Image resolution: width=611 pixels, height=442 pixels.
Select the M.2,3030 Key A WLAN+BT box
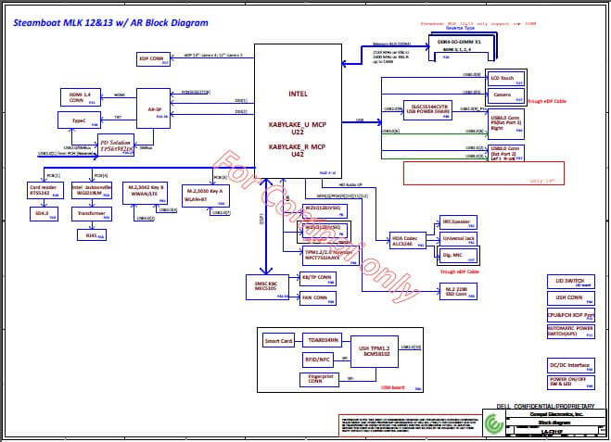click(207, 192)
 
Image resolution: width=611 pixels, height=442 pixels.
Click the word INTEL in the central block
click(298, 94)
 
